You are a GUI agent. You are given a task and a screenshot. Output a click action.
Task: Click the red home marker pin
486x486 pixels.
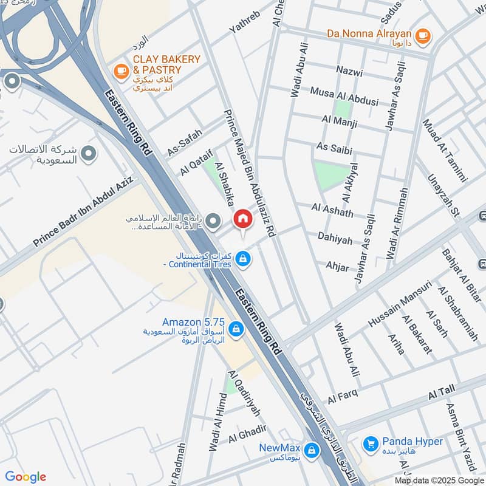coord(242,219)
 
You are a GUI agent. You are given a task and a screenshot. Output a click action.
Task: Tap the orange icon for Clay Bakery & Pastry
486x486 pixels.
coord(122,72)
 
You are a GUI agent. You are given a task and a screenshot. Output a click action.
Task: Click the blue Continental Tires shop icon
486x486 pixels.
coord(243,259)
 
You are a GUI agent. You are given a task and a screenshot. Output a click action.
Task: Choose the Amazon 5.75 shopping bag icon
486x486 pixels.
coord(236,330)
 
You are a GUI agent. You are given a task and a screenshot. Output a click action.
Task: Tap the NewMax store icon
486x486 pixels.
coord(311,450)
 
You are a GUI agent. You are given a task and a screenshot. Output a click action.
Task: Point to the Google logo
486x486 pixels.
coord(26,477)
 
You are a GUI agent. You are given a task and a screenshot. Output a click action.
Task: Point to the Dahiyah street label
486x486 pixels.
coord(334,239)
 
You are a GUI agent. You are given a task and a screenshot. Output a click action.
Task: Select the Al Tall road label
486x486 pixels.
coord(442,393)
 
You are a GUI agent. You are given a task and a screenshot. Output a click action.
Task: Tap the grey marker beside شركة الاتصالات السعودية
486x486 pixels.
coord(89,154)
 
